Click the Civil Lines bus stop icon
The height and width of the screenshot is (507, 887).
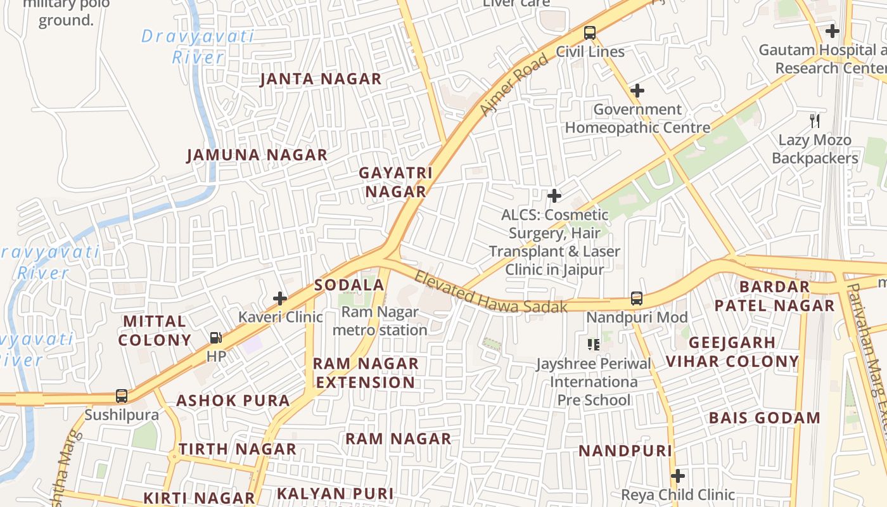[x=590, y=32]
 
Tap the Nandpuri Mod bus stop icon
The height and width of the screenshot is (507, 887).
[x=637, y=298]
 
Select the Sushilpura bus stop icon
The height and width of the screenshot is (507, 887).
[x=122, y=396]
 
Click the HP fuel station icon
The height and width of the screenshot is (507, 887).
[x=216, y=338]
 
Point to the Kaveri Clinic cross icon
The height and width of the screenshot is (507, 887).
[x=280, y=298]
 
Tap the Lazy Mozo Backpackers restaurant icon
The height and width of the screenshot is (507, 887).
[x=815, y=120]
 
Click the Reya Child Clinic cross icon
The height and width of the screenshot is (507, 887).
[x=678, y=476]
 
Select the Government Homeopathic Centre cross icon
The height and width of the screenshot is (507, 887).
[x=637, y=91]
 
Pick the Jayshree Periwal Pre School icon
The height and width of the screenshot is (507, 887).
[x=594, y=345]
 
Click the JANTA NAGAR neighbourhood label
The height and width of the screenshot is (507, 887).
[x=321, y=79]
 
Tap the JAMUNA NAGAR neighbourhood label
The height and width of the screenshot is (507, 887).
[x=257, y=155]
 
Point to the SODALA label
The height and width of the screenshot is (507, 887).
[x=350, y=285]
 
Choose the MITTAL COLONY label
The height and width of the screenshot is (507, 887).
[x=155, y=330]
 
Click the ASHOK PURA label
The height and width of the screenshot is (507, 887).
[x=233, y=401]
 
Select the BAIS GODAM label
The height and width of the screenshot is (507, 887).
[x=764, y=418]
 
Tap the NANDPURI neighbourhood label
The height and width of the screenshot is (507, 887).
[x=625, y=451]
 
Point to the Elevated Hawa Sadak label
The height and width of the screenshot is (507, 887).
[x=490, y=293]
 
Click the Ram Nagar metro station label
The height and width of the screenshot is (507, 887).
[x=380, y=321]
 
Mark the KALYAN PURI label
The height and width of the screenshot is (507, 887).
[x=335, y=494]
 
